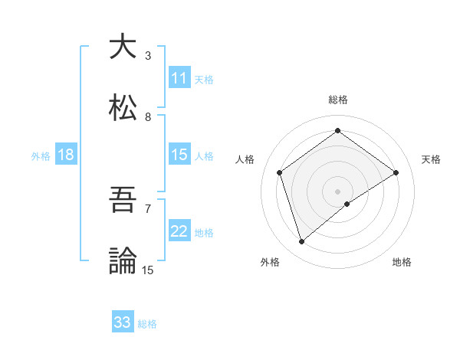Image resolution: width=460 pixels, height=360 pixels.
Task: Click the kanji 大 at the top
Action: pyautogui.click(x=123, y=47)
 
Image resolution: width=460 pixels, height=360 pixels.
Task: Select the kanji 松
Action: pyautogui.click(x=123, y=108)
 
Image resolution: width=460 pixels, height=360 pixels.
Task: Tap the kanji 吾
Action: pyautogui.click(x=123, y=201)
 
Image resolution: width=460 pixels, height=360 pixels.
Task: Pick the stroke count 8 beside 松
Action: pyautogui.click(x=148, y=117)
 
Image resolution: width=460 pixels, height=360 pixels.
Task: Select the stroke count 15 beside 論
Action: pyautogui.click(x=148, y=270)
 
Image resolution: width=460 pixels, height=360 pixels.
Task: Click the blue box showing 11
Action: pyautogui.click(x=179, y=78)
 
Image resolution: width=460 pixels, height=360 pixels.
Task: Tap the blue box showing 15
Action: pyautogui.click(x=179, y=155)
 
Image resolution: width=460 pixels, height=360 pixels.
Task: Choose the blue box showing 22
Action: pyautogui.click(x=179, y=231)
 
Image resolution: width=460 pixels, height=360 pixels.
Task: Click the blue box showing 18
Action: pyautogui.click(x=66, y=155)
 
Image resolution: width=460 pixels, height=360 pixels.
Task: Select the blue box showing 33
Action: pyautogui.click(x=123, y=322)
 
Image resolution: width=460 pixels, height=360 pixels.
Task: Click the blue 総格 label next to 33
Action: pyautogui.click(x=147, y=324)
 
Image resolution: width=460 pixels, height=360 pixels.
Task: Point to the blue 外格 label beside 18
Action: pyautogui.click(x=41, y=156)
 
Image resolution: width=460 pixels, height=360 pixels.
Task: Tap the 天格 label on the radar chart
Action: pyautogui.click(x=431, y=159)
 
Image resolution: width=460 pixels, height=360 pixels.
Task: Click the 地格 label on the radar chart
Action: pyautogui.click(x=402, y=262)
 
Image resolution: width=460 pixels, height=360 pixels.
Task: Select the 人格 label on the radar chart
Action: pyautogui.click(x=245, y=159)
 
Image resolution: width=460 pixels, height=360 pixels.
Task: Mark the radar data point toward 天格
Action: pyautogui.click(x=396, y=172)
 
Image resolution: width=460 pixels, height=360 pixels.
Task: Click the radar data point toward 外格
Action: pyautogui.click(x=302, y=242)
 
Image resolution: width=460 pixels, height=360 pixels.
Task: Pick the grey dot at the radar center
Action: pyautogui.click(x=338, y=191)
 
